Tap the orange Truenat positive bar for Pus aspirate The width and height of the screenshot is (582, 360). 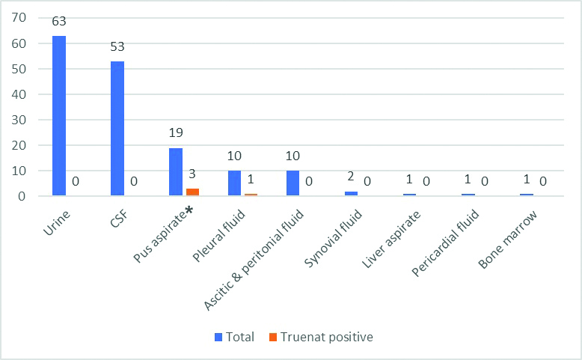192,192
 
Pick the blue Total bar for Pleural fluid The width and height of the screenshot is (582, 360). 234,183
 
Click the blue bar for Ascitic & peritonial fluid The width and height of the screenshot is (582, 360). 292,183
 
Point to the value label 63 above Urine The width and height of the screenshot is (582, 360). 59,21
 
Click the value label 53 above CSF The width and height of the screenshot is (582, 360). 117,46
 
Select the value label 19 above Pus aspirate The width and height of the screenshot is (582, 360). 176,133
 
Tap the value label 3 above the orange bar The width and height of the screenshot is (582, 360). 192,174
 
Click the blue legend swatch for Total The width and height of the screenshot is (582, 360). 218,337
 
